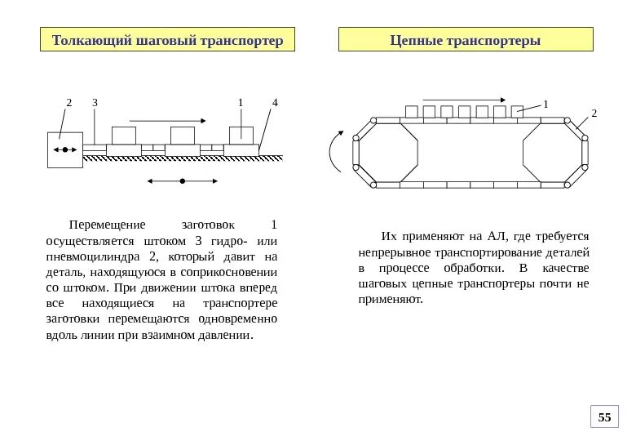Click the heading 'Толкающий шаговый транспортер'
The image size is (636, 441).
[167, 40]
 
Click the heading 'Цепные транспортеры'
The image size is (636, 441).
[466, 40]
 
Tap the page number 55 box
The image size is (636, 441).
[604, 417]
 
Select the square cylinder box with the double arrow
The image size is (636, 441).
[65, 149]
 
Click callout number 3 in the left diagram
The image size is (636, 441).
[95, 103]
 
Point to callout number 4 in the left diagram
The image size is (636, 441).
[275, 103]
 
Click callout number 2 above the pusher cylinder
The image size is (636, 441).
[69, 103]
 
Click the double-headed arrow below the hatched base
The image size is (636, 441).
[182, 180]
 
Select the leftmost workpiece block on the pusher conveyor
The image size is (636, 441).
[124, 136]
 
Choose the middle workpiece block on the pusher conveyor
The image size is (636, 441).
[183, 136]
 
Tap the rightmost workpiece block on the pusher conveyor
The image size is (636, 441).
[241, 136]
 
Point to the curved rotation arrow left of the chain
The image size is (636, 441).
[333, 151]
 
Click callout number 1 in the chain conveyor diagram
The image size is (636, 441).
[545, 104]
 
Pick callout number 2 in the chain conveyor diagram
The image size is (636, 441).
[594, 113]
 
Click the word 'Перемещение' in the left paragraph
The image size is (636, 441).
[107, 225]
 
